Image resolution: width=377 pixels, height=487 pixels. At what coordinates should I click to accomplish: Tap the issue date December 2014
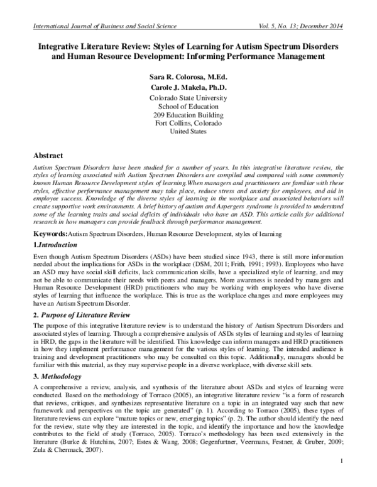point(329,25)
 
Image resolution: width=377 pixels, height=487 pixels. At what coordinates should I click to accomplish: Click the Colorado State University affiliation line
point(188,99)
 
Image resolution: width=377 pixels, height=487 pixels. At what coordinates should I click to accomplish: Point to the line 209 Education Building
point(188,115)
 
